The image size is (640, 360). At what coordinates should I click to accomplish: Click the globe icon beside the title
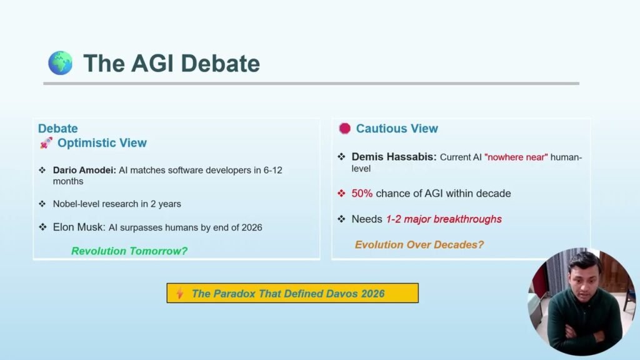(x=61, y=63)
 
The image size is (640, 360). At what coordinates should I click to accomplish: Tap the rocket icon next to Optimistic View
(x=46, y=143)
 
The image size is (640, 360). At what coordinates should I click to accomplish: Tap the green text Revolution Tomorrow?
(x=129, y=251)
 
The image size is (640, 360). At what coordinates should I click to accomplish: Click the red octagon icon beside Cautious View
(x=344, y=129)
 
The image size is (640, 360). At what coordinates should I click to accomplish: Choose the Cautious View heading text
(x=397, y=129)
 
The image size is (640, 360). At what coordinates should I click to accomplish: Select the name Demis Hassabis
(x=394, y=157)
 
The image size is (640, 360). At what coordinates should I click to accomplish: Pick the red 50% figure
(x=362, y=194)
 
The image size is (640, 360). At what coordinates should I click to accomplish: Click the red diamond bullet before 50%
(x=341, y=194)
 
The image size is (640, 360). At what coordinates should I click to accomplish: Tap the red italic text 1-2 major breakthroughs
(x=444, y=219)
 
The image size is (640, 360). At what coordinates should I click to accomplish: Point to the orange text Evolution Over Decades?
(x=419, y=244)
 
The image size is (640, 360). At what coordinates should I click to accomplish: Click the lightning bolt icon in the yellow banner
(x=179, y=293)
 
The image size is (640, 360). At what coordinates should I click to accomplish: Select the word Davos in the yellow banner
(x=342, y=293)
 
